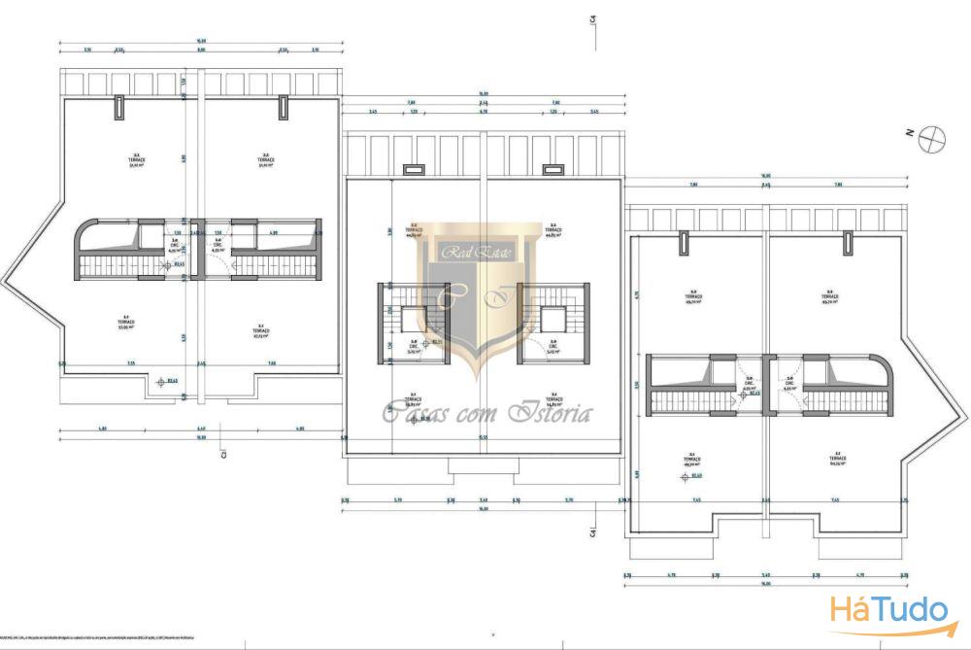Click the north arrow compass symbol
[933, 138]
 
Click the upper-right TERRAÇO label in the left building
[264, 159]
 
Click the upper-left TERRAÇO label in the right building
[693, 297]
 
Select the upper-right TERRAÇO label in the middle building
[555, 231]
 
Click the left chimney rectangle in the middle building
[413, 170]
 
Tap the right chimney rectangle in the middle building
[554, 170]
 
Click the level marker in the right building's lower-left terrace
[683, 475]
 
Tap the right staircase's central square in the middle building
[552, 319]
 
